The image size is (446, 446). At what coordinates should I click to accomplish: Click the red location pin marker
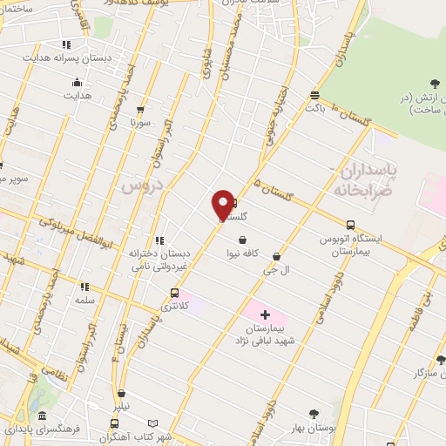[223, 204]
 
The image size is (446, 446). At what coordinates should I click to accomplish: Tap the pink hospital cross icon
[265, 313]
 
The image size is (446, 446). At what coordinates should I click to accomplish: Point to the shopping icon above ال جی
[276, 256]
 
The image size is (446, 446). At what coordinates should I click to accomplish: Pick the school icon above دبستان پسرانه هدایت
[66, 44]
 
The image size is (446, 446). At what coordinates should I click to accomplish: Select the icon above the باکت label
[314, 95]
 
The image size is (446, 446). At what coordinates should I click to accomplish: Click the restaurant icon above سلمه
[84, 286]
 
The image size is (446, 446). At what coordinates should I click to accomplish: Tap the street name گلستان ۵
[270, 186]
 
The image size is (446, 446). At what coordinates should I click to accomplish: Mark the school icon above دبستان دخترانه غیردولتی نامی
[159, 240]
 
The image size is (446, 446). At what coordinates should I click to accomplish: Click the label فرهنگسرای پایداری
[41, 429]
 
